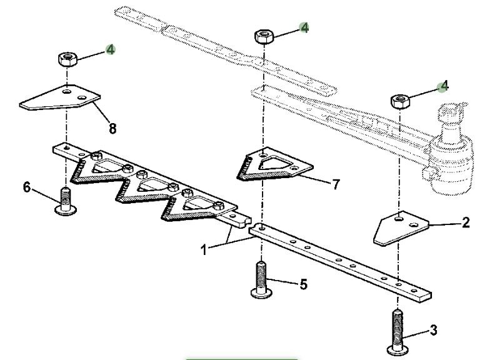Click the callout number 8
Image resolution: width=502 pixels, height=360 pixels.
pyautogui.click(x=113, y=129)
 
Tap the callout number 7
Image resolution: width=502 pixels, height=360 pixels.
pyautogui.click(x=336, y=184)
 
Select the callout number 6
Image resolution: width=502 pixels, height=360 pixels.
pyautogui.click(x=27, y=187)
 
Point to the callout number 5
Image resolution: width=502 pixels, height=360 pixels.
pyautogui.click(x=303, y=284)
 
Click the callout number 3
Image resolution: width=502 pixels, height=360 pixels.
pyautogui.click(x=433, y=330)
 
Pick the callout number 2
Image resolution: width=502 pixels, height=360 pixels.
pyautogui.click(x=466, y=222)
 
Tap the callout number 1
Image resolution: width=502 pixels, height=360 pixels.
pyautogui.click(x=204, y=249)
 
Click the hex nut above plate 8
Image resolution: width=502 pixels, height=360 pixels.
pyautogui.click(x=68, y=59)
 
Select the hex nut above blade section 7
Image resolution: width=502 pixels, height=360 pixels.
pyautogui.click(x=264, y=36)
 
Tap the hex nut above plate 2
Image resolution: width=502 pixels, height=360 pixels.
pyautogui.click(x=400, y=102)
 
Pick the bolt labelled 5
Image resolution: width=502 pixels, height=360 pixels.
pyautogui.click(x=261, y=279)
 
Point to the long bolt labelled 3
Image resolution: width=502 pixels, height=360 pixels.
pyautogui.click(x=398, y=332)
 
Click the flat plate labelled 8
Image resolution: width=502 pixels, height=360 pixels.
pyautogui.click(x=60, y=97)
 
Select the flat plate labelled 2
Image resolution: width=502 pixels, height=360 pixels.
pyautogui.click(x=400, y=227)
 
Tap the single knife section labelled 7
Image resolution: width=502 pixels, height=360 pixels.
pyautogui.click(x=274, y=165)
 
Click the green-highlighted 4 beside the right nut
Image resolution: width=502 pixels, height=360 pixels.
pyautogui.click(x=443, y=86)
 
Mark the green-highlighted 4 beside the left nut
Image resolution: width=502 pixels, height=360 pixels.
pyautogui.click(x=110, y=49)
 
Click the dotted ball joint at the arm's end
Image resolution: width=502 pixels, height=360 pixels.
pyautogui.click(x=451, y=151)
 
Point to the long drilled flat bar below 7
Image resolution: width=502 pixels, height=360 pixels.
pyautogui.click(x=340, y=262)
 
